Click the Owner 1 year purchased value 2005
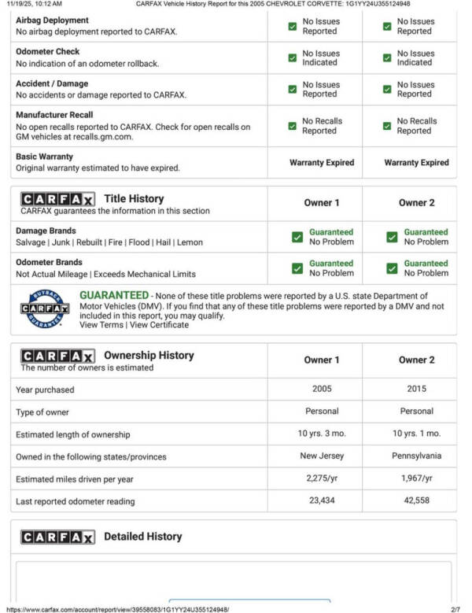(322, 389)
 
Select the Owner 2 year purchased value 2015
(416, 389)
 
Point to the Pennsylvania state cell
(416, 456)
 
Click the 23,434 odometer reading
(322, 500)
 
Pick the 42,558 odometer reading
(416, 500)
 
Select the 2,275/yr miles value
(322, 478)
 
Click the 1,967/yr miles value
(416, 478)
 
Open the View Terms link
(101, 325)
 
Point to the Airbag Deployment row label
(52, 20)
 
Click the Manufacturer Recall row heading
(54, 115)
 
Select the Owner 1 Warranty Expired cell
(322, 163)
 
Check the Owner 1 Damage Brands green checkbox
(297, 237)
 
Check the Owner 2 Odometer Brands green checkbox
(392, 268)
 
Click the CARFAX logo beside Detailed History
(57, 537)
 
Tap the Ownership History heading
(149, 355)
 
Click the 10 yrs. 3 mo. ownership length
(322, 434)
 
